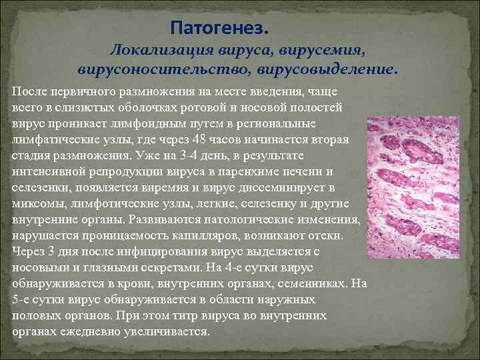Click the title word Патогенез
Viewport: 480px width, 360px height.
tap(220, 29)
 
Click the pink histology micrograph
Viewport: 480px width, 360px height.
tap(413, 187)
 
